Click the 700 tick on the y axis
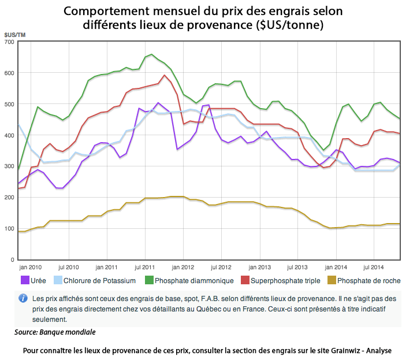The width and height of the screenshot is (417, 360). click(9, 42)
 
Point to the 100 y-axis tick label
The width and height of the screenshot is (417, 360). click(9, 229)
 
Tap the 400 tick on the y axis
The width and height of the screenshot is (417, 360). click(9, 136)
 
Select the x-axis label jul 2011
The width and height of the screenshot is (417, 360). click(144, 268)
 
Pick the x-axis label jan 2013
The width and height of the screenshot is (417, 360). click(260, 268)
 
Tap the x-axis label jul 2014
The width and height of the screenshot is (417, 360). click(375, 268)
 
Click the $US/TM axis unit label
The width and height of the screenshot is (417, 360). click(14, 36)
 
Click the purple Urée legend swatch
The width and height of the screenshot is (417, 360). click(25, 280)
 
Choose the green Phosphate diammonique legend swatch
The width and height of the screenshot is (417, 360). click(149, 280)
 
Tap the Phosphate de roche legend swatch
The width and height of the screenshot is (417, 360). click(331, 280)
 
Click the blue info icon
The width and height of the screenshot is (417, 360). click(24, 299)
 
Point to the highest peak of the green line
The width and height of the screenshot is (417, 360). click(151, 55)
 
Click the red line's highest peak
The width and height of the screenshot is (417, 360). click(165, 75)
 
